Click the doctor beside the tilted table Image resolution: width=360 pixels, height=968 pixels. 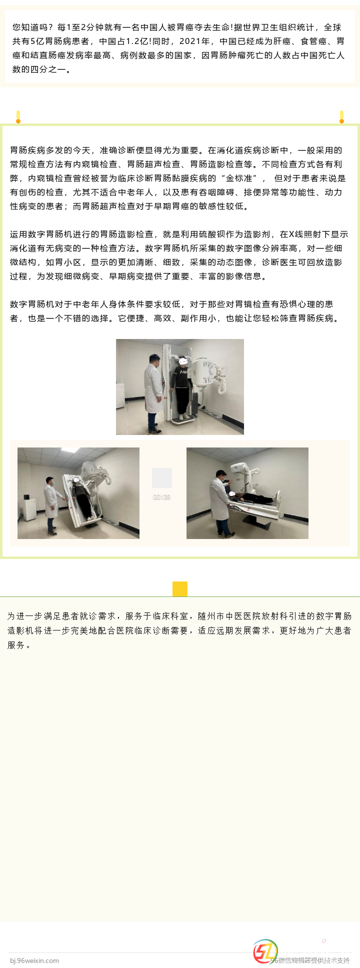point(51,505)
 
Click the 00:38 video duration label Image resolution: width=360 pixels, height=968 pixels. point(161,497)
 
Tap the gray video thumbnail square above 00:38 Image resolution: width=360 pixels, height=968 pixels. point(162,478)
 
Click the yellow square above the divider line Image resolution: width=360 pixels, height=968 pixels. point(180,589)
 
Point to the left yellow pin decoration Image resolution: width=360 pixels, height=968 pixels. point(18,116)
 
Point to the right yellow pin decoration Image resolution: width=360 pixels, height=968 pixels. point(341,116)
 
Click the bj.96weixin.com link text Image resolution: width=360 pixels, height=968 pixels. point(34,960)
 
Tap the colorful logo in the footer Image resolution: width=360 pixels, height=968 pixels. point(265,951)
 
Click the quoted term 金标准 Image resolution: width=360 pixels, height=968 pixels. point(241,178)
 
